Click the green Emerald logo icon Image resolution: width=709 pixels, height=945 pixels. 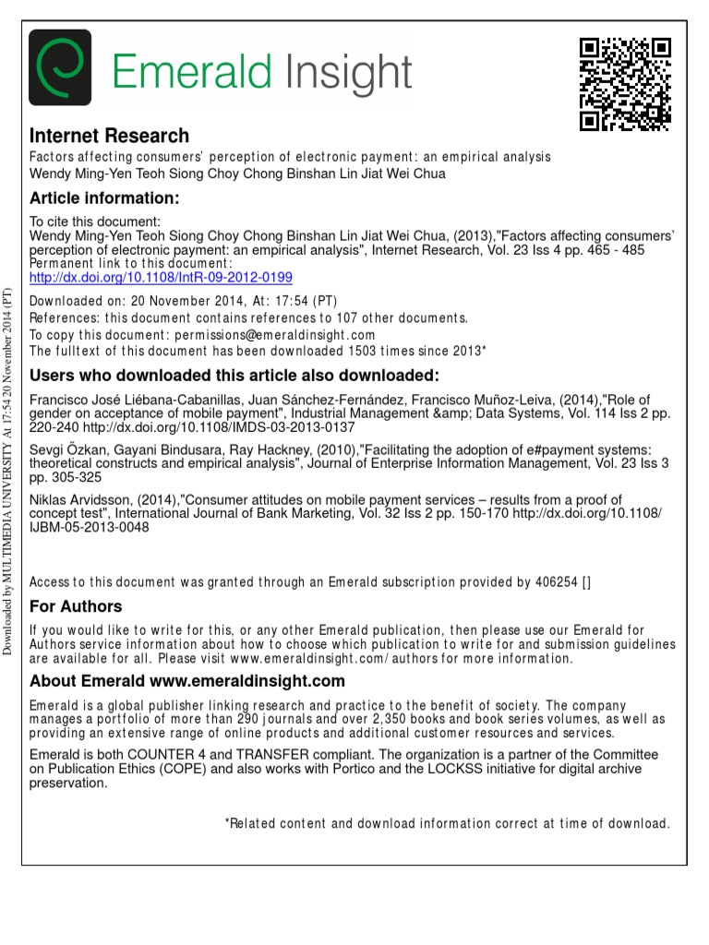(x=61, y=67)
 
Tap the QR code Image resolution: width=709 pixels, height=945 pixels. (x=624, y=84)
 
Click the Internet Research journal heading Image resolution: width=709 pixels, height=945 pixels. (x=110, y=136)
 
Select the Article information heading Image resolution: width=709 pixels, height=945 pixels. (x=103, y=198)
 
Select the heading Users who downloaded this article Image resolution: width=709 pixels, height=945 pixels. (x=234, y=376)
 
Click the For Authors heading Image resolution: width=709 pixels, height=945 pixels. (x=76, y=606)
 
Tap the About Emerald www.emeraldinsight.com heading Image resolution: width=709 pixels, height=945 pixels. (x=187, y=682)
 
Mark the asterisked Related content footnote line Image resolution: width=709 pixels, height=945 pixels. (x=448, y=823)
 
